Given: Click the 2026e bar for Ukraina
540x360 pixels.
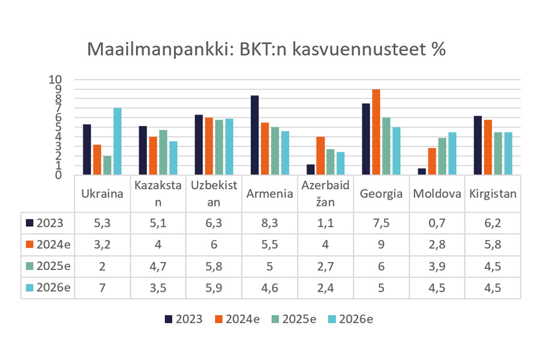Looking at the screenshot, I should coord(118,142).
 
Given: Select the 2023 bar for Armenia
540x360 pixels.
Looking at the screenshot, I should coord(255,136).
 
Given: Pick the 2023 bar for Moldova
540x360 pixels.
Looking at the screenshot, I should coord(422,172).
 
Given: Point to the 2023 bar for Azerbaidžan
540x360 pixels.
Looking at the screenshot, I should coord(311,170).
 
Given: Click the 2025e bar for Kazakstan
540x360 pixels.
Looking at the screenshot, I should coord(163,152).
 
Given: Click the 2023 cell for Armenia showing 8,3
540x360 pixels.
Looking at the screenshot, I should coord(270,223).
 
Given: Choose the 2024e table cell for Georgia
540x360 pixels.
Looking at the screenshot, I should coord(382,244).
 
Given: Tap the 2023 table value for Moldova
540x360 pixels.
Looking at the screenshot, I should coord(437,223).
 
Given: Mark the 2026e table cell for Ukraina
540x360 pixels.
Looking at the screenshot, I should coord(102,287).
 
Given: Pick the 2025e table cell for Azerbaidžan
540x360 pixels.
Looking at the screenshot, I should coord(326,266).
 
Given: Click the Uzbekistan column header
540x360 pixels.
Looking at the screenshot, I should coord(214,193).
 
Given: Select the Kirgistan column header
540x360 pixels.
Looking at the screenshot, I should coord(493,193).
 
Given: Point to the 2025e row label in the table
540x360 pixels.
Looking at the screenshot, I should coord(48,266).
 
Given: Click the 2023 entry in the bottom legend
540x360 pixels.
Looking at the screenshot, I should coord(184,319).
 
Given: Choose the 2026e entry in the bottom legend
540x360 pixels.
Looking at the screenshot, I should coord(349,319).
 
